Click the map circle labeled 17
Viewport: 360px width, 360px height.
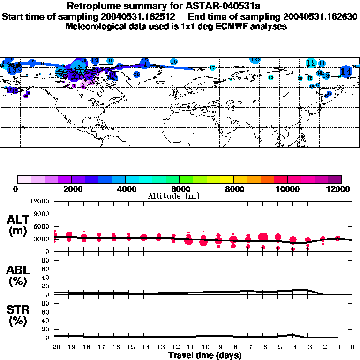click(x=212, y=68)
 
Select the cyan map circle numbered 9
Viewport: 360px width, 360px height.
click(x=110, y=60)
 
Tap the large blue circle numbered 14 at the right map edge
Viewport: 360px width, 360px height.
click(x=346, y=71)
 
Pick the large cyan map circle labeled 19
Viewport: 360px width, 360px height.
click(x=311, y=63)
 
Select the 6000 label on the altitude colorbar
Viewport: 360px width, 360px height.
click(x=180, y=189)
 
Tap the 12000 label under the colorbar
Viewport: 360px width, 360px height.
click(x=339, y=189)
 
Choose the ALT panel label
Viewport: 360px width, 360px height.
click(x=19, y=225)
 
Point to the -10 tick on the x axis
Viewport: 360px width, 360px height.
click(x=203, y=347)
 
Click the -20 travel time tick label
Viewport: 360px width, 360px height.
click(x=54, y=347)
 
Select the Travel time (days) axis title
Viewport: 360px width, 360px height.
click(x=205, y=356)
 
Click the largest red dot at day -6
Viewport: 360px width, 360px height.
click(x=263, y=237)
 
